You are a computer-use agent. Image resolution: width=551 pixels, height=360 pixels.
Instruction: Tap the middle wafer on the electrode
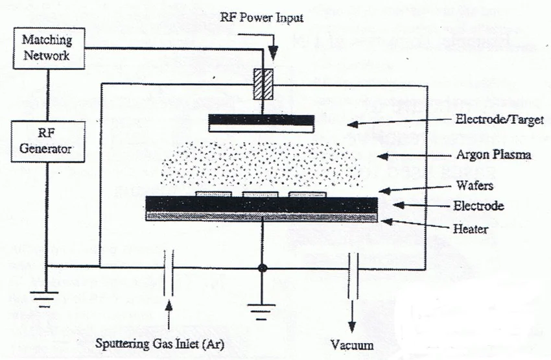pyautogui.click(x=261, y=194)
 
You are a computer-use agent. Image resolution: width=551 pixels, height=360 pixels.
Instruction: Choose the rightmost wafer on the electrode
pyautogui.click(x=307, y=194)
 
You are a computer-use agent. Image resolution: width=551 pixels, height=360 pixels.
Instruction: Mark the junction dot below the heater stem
pyautogui.click(x=262, y=267)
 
